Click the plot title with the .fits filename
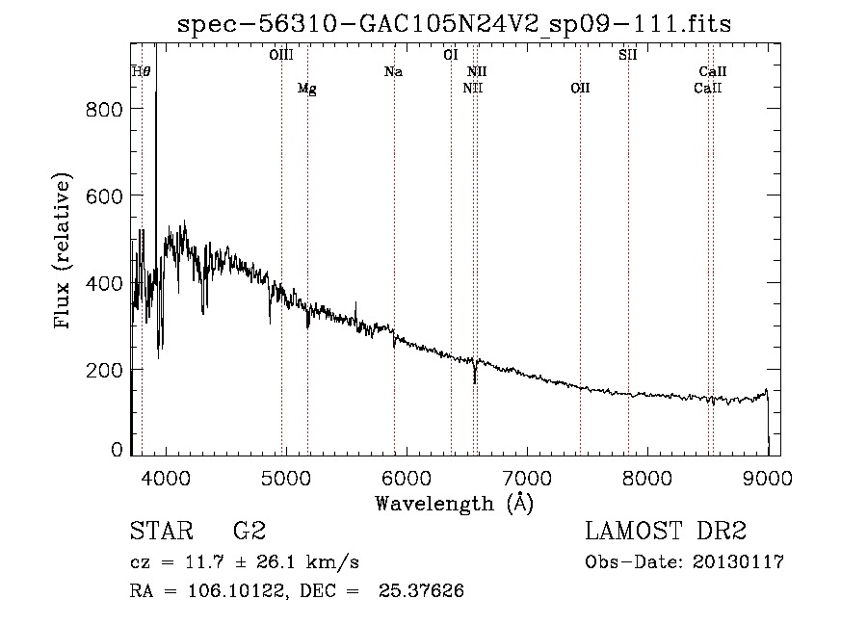pos(454,24)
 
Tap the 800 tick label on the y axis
pos(104,110)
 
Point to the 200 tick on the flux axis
pos(104,370)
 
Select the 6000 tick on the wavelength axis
pos(407,478)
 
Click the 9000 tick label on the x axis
pos(768,478)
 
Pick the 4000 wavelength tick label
pos(166,478)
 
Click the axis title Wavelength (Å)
pos(455,504)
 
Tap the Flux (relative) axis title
pos(62,250)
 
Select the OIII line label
pos(281,55)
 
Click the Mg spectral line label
pos(307,89)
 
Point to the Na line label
pos(393,71)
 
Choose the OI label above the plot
pos(451,55)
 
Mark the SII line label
pos(627,55)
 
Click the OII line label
pos(580,88)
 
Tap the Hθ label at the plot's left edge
pos(141,71)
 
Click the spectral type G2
pos(250,531)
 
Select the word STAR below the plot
pos(161,531)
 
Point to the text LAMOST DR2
pos(666,531)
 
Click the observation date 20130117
pos(738,562)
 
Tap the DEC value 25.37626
pos(421,590)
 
